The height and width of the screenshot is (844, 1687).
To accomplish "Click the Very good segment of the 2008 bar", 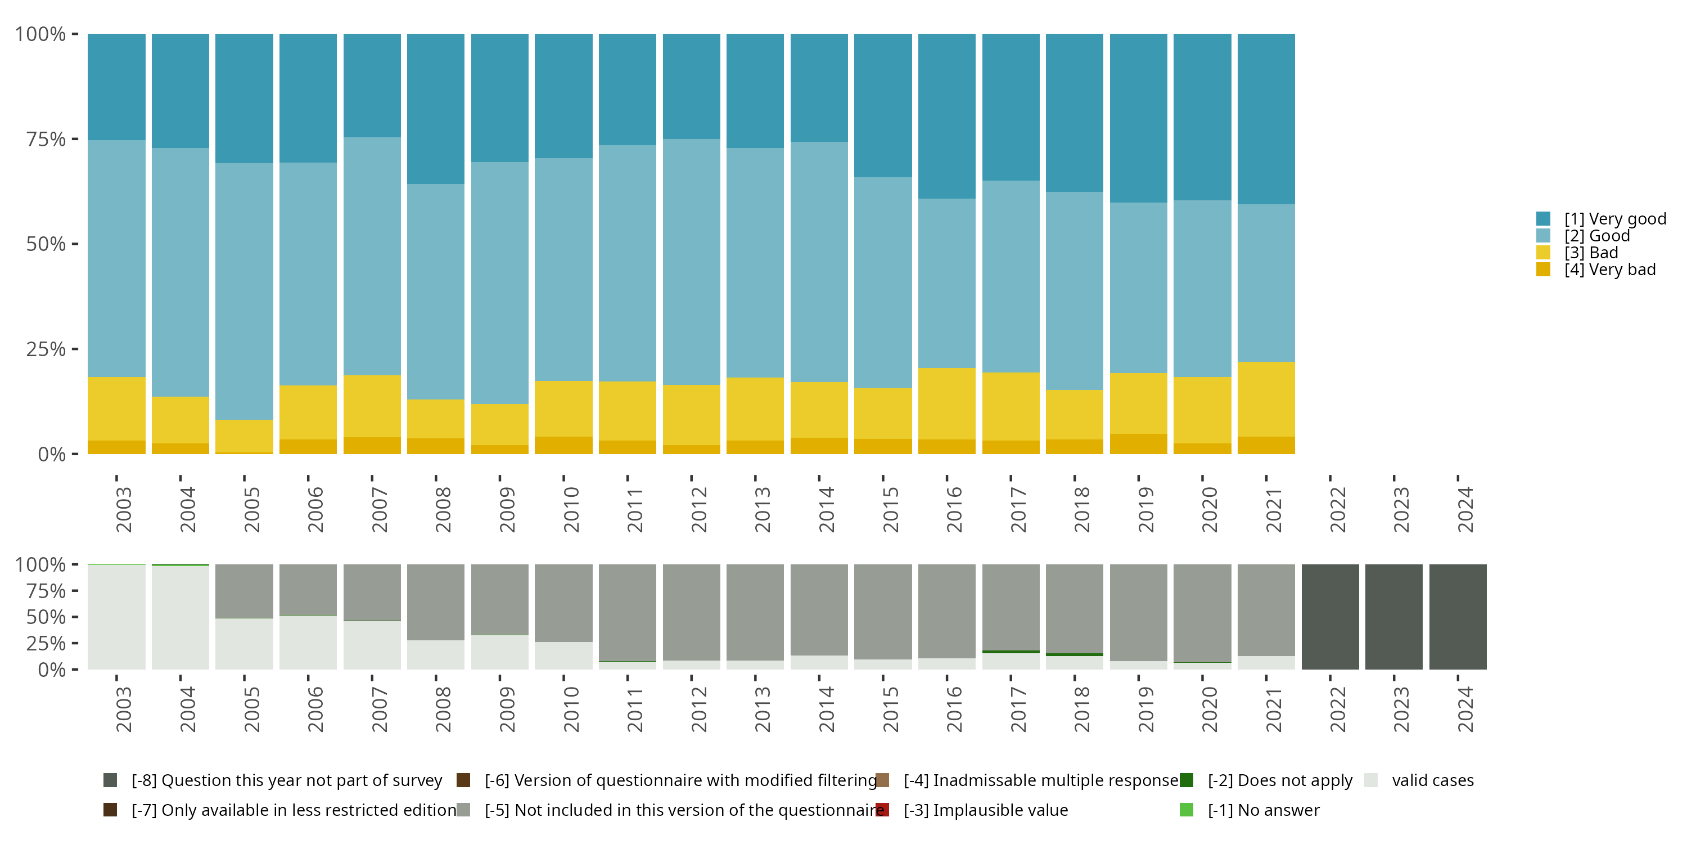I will [435, 109].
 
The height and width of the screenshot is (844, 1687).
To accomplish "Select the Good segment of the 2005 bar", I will [244, 291].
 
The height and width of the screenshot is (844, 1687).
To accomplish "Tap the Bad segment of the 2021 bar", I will [1266, 399].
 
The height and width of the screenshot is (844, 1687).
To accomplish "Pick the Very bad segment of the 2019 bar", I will [1138, 443].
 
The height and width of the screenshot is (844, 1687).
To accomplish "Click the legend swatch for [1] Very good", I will [1543, 219].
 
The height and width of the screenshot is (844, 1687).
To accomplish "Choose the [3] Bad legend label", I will [1591, 253].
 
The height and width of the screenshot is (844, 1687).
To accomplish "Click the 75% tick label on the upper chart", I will [46, 139].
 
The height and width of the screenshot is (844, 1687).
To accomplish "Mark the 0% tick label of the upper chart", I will [52, 454].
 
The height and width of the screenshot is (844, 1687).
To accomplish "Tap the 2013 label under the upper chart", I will [763, 510].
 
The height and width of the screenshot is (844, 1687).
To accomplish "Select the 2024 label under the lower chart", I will [1465, 710].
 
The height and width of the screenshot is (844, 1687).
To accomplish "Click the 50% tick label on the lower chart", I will [46, 617].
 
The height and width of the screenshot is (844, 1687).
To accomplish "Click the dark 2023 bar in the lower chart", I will [1393, 617].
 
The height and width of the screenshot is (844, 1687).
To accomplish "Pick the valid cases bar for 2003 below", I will [116, 617].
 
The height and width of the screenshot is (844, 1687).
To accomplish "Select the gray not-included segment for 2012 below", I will [691, 612].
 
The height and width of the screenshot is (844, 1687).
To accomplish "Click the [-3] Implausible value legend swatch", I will [882, 810].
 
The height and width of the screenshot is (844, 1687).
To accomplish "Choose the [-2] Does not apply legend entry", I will [1280, 780].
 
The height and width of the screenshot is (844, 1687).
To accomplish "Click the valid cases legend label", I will [1432, 780].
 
